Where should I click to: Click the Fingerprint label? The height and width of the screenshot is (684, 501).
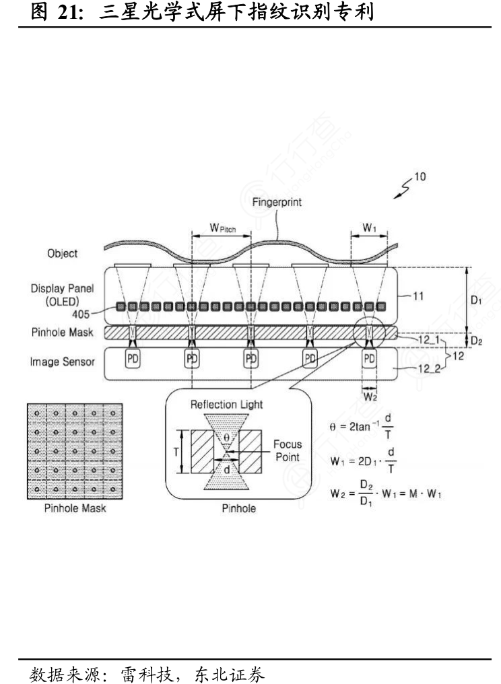coord(277,202)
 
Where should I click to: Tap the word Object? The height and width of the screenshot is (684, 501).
coord(63,253)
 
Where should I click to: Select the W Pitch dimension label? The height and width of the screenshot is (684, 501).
coord(223,228)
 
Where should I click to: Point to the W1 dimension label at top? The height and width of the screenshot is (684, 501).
coord(369,228)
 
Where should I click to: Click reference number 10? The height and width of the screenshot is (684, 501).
coord(420,176)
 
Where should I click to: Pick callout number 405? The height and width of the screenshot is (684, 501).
coord(81,314)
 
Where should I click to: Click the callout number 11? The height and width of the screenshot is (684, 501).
coord(418,296)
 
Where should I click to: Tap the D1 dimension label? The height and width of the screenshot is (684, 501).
coord(476,300)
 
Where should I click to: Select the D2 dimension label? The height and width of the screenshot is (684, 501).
coord(477,341)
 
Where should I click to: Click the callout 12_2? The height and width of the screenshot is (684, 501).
coord(430,369)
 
